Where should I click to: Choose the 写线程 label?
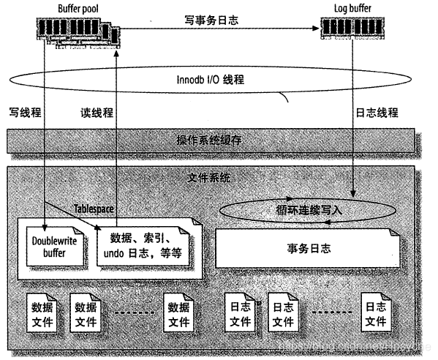(x=24, y=113)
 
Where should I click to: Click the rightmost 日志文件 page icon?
(x=376, y=313)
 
